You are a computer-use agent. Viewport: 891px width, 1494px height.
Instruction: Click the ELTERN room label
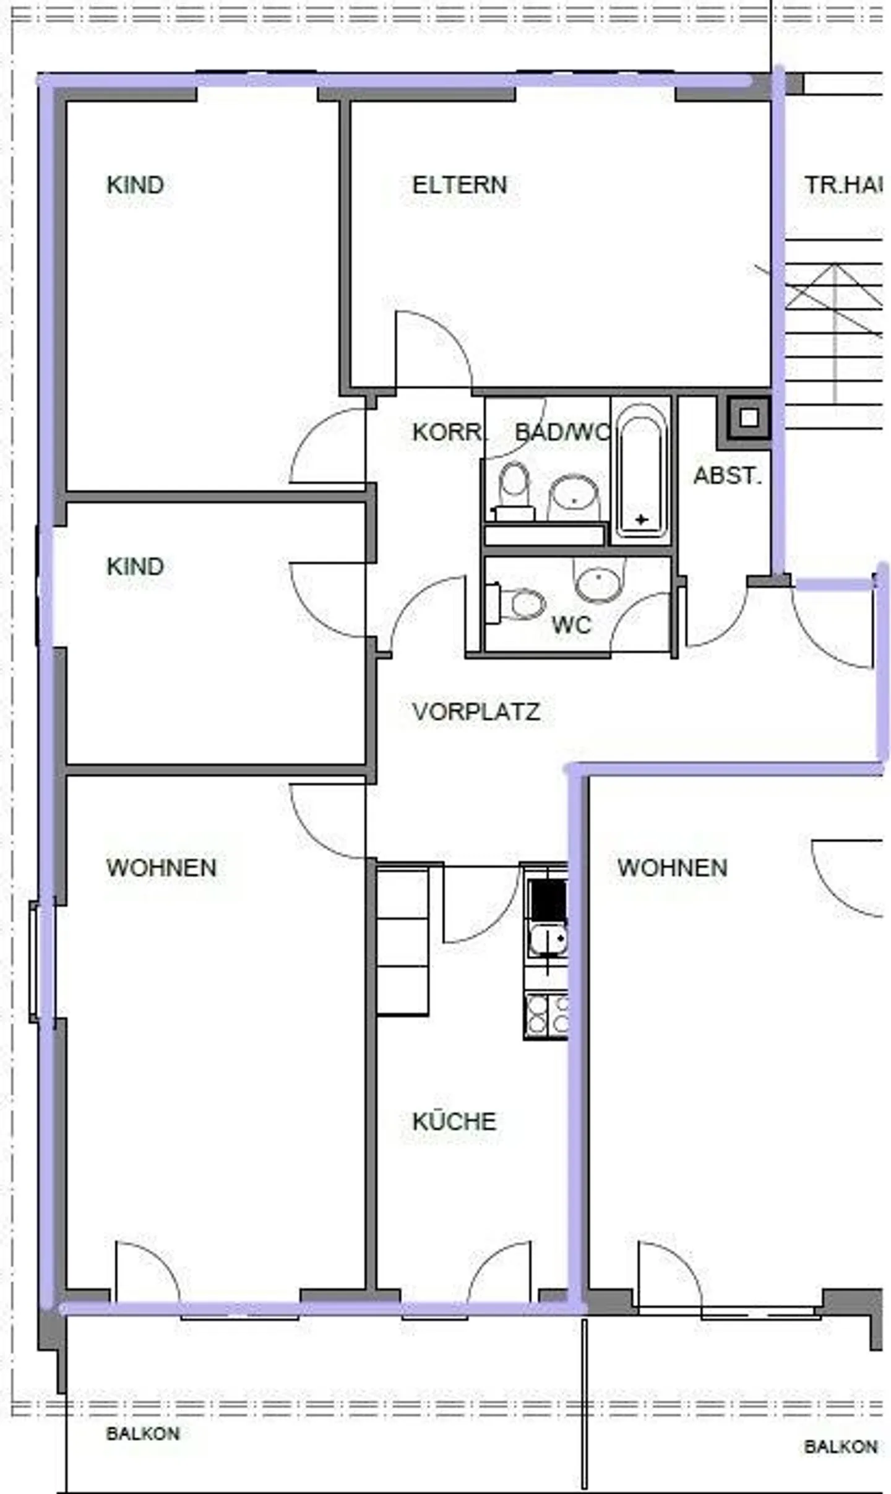459,184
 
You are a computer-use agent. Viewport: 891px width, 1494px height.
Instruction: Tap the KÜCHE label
454,1121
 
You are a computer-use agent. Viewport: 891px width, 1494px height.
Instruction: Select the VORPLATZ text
476,711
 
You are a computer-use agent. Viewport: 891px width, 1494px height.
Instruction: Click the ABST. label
727,475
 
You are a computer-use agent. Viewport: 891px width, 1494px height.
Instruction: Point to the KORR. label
447,432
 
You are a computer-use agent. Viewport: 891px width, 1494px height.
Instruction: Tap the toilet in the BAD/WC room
514,489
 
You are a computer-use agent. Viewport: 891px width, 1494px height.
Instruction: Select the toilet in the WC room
520,603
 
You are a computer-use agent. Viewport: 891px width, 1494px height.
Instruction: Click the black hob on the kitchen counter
548,901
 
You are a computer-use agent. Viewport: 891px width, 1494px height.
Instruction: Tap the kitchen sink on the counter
548,939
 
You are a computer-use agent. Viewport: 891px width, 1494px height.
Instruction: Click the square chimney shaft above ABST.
748,418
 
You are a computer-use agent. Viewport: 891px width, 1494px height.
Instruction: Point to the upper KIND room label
135,184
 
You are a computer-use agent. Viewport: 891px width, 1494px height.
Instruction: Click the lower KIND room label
135,566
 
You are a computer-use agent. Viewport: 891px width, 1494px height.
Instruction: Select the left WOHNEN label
161,867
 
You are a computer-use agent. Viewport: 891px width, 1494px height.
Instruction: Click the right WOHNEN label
672,867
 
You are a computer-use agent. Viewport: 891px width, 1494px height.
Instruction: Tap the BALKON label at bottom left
143,1433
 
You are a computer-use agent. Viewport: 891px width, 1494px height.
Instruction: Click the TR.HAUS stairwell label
841,184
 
